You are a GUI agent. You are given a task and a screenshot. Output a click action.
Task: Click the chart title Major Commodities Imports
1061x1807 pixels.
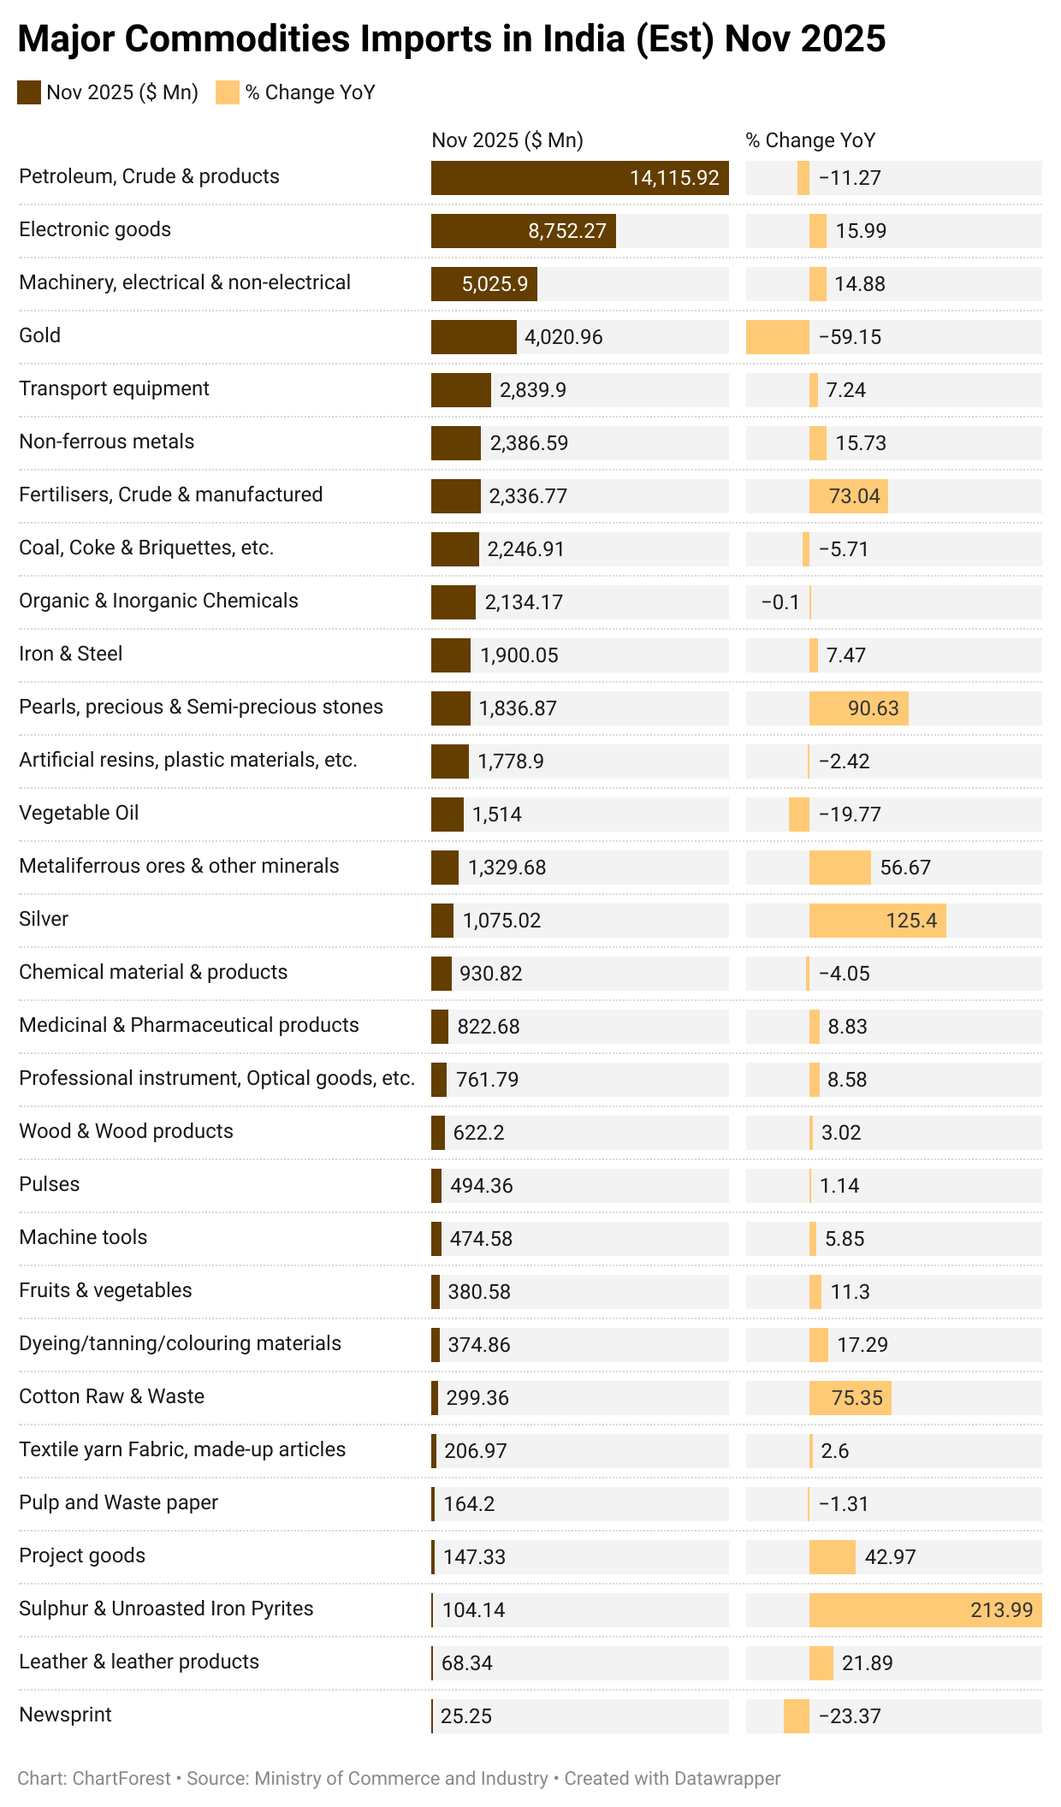click(x=451, y=39)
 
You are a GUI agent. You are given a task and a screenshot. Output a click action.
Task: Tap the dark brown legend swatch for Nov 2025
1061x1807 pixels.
click(x=29, y=92)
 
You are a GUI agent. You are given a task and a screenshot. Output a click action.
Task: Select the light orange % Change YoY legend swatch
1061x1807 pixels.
click(x=228, y=92)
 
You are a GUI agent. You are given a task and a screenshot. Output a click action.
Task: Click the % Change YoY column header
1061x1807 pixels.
click(x=810, y=140)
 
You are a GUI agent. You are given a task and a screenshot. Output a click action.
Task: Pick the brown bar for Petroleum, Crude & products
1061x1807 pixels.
click(x=579, y=178)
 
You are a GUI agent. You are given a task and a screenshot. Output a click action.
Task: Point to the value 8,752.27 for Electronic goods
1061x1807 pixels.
click(x=566, y=231)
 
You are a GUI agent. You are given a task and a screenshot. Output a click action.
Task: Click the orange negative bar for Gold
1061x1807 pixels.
click(x=777, y=337)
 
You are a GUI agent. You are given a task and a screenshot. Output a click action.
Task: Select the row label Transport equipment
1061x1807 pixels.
click(x=114, y=388)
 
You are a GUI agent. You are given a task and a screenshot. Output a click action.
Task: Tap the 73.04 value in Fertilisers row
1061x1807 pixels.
click(x=854, y=496)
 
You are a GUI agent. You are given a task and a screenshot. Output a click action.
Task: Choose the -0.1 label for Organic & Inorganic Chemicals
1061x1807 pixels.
click(x=780, y=602)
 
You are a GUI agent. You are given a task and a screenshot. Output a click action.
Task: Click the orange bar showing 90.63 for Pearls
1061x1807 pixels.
click(x=858, y=708)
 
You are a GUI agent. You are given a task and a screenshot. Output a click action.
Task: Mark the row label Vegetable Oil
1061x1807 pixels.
click(x=79, y=813)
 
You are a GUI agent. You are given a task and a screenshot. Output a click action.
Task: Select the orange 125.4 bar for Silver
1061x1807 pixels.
click(x=877, y=921)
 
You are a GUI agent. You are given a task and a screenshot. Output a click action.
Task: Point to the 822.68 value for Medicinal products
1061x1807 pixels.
click(x=488, y=1027)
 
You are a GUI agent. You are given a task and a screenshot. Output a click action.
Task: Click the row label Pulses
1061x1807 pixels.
click(x=49, y=1184)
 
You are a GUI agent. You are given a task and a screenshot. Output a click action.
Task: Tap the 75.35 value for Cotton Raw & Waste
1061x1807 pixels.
click(x=857, y=1398)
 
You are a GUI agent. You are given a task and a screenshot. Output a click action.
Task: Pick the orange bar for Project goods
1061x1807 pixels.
click(x=832, y=1557)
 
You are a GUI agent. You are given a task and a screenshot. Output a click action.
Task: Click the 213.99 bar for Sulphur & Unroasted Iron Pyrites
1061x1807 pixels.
click(x=925, y=1610)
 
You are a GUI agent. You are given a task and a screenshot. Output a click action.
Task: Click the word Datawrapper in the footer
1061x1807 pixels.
click(x=726, y=1779)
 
